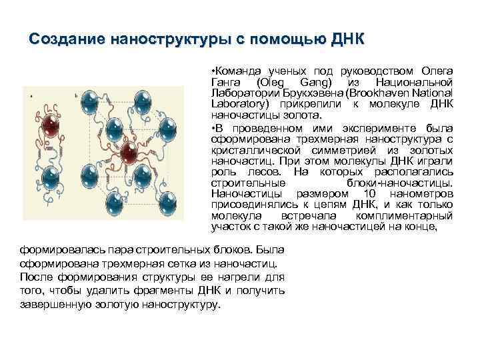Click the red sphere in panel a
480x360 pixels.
[49, 125]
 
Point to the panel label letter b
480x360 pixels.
[75, 96]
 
